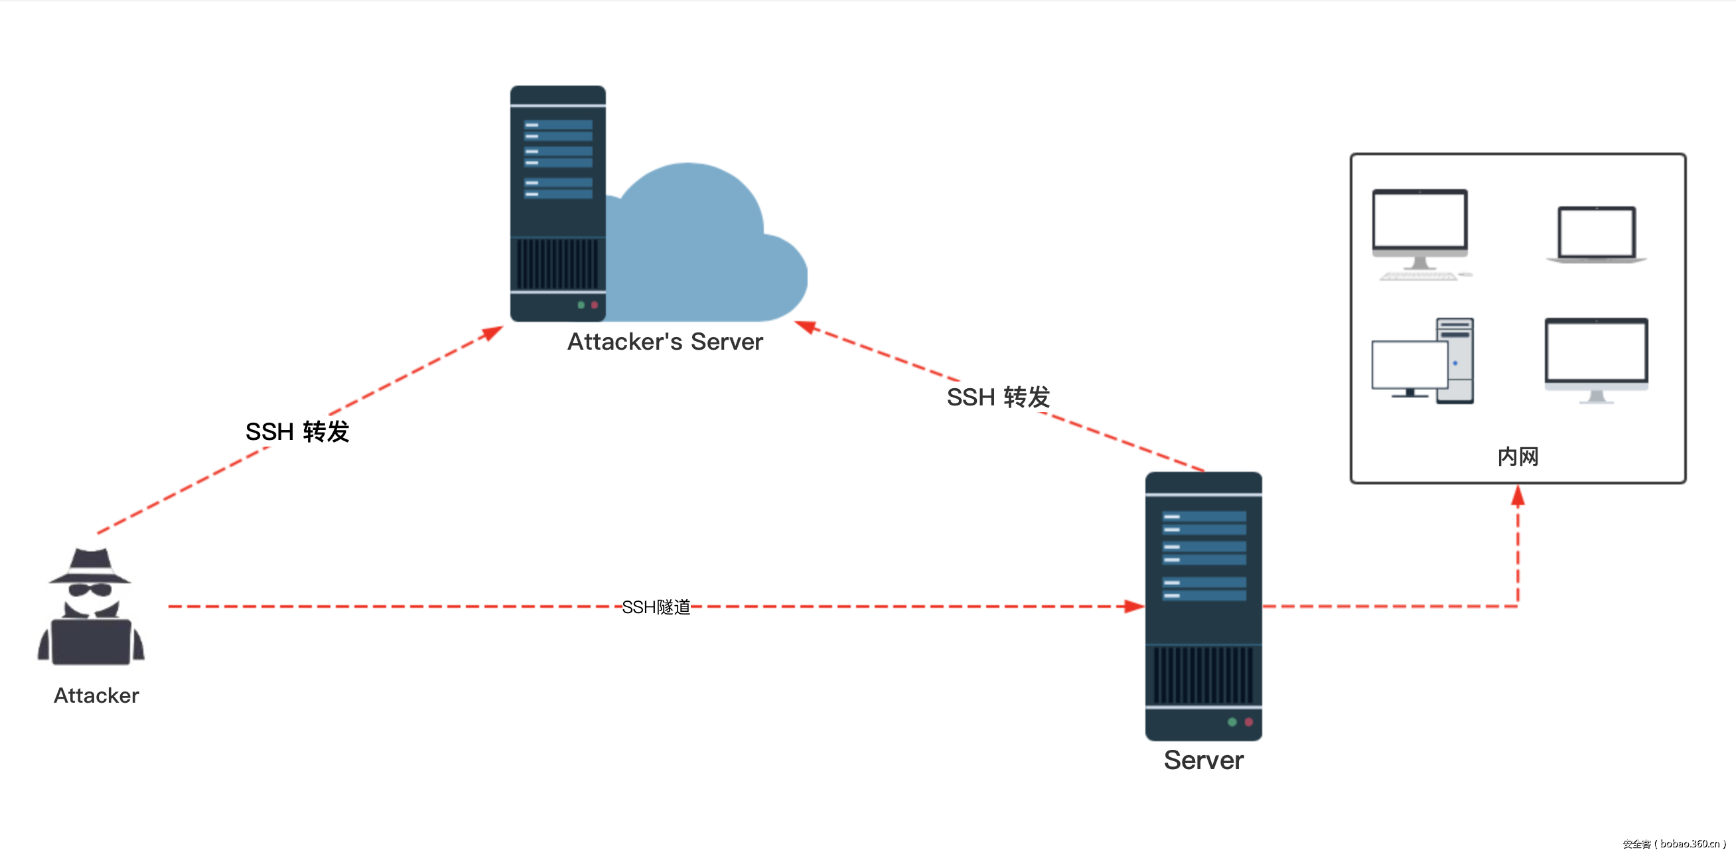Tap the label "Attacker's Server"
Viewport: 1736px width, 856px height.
click(664, 342)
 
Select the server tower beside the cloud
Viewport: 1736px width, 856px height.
click(557, 202)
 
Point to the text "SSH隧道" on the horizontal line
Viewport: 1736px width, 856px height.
click(656, 607)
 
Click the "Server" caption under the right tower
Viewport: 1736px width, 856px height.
click(1203, 760)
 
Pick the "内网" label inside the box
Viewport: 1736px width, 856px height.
click(1518, 457)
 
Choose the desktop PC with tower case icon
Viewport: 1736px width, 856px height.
click(1423, 362)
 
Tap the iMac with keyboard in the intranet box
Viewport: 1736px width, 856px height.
click(1421, 232)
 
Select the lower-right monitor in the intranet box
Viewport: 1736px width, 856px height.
click(1596, 360)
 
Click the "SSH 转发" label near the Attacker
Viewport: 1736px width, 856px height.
click(297, 431)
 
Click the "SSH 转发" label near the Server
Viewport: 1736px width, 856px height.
click(998, 397)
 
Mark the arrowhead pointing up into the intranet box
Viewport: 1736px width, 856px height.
click(1518, 496)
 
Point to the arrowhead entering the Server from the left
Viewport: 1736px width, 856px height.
click(1133, 606)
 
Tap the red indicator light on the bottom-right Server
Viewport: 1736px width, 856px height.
click(1249, 722)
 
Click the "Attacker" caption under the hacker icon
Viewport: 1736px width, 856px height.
click(96, 695)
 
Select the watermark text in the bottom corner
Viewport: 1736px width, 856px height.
click(1674, 843)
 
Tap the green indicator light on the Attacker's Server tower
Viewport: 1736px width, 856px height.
click(581, 305)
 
